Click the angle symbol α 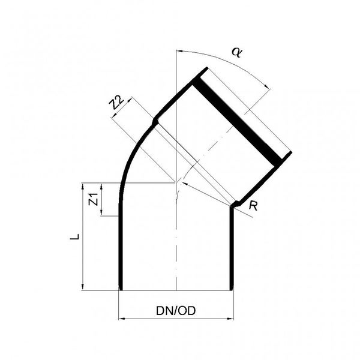(x=236, y=52)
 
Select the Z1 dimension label (x=92, y=199)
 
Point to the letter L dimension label (x=74, y=237)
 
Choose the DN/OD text (x=176, y=310)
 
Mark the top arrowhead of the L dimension (x=83, y=186)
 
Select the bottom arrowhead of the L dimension (x=83, y=286)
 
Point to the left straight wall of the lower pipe (x=121, y=252)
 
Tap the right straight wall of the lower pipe (x=232, y=252)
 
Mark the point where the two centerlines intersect (x=176, y=182)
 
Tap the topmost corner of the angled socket (x=206, y=68)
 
